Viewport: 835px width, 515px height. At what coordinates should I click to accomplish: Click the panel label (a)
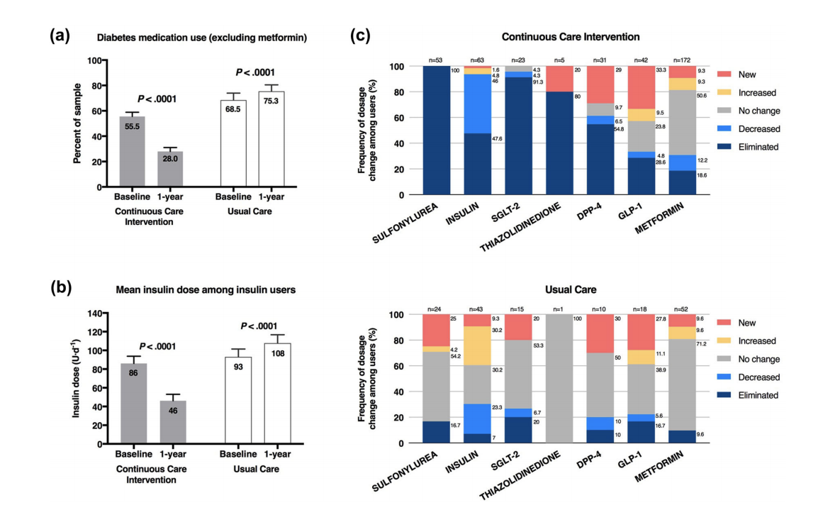[60, 35]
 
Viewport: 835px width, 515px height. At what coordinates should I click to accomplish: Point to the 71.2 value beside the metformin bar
[703, 343]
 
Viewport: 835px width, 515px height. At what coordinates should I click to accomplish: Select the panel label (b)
[60, 289]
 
